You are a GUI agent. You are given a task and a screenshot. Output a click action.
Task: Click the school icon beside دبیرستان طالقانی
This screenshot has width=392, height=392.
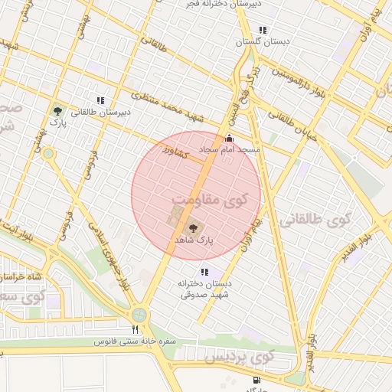[x=100, y=100]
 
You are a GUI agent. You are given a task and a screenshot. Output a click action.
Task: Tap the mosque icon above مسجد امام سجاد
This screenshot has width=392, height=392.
[x=229, y=139]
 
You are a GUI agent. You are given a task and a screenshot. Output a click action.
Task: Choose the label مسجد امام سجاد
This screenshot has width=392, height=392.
[x=230, y=149]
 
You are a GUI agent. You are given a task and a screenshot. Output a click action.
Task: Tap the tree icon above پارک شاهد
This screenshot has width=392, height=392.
[x=191, y=227]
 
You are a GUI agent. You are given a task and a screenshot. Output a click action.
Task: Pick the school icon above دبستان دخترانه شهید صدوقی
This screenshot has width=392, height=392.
[x=204, y=272]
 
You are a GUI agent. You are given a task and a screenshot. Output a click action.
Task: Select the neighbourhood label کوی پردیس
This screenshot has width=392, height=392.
[x=240, y=358]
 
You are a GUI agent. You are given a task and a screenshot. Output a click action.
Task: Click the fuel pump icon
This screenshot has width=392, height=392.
[x=255, y=380]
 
